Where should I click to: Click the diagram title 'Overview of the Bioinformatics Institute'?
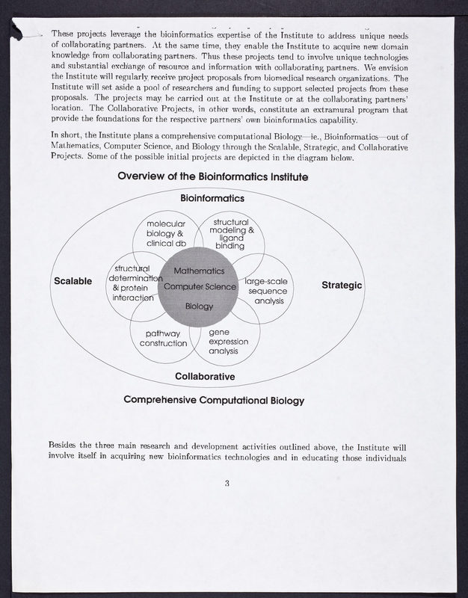[x=213, y=177]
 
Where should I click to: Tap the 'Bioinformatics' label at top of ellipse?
[x=212, y=199]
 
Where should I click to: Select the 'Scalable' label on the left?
[x=73, y=281]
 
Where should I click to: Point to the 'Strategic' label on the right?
[x=342, y=285]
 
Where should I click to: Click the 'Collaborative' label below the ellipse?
[x=205, y=376]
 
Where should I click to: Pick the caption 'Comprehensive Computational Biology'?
[x=214, y=400]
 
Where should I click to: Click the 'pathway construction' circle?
[x=163, y=338]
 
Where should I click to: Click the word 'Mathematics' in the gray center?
[x=199, y=271]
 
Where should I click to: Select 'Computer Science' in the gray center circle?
[x=200, y=287]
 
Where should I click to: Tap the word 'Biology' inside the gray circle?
[x=199, y=306]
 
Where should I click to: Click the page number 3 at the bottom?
[x=227, y=483]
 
